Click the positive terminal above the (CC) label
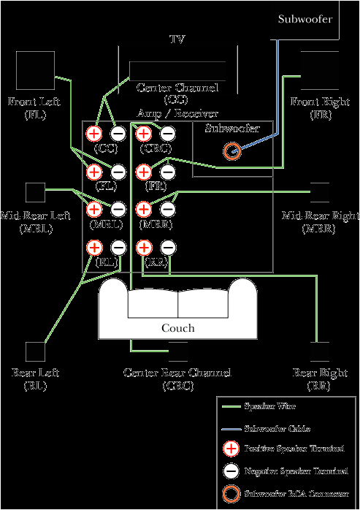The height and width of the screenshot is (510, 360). point(93,133)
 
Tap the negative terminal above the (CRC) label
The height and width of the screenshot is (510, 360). point(167,133)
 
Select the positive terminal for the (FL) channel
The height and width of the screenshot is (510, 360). point(93,172)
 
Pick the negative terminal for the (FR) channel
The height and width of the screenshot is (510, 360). point(167,172)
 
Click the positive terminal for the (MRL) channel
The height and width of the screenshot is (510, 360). point(93,210)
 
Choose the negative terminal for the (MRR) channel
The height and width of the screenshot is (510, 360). point(167,210)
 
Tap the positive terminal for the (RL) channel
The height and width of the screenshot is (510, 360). point(93,248)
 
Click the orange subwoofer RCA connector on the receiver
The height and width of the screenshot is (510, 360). point(231,151)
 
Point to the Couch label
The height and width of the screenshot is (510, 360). point(177,328)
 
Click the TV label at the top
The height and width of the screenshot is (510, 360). point(177,38)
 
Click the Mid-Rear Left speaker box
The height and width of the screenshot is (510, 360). point(34,192)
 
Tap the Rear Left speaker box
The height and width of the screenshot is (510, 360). point(34,352)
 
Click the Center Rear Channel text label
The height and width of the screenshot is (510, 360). point(177,378)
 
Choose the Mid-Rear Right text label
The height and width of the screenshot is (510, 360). point(321,222)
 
